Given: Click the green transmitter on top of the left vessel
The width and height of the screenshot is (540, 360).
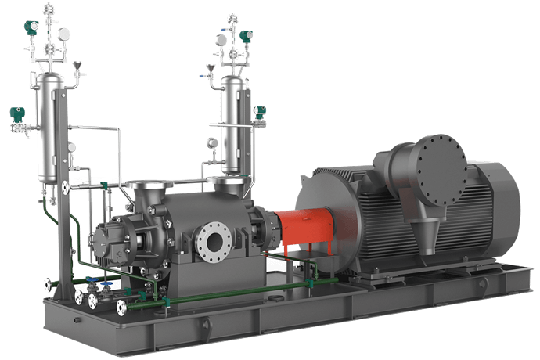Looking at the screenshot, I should pyautogui.click(x=32, y=27).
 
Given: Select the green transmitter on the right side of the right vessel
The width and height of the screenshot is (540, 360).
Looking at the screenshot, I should pyautogui.click(x=258, y=113).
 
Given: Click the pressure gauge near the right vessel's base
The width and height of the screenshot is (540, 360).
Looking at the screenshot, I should pyautogui.click(x=211, y=142).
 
